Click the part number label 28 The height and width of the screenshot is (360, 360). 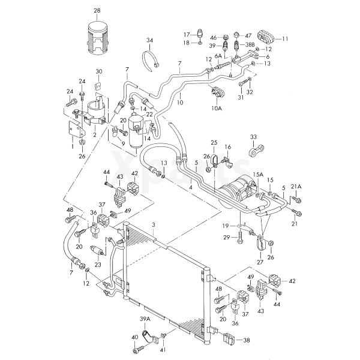pos(97,10)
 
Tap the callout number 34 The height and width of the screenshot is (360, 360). pos(149,40)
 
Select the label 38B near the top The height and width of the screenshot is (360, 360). pos(250,44)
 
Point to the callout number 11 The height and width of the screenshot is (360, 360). pos(285,38)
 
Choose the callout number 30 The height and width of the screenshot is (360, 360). pos(99,71)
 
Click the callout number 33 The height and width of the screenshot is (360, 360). pos(254,137)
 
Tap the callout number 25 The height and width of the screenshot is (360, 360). pos(213,143)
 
